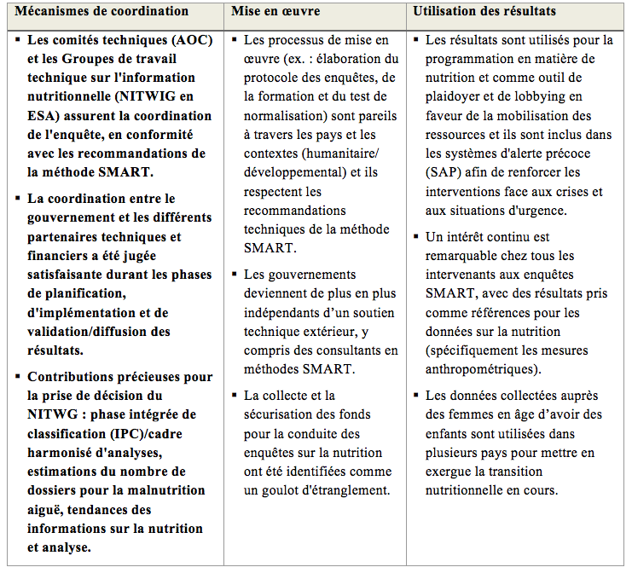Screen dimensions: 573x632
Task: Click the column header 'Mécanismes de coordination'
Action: point(101,11)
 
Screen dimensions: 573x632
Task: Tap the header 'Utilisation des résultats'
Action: point(484,11)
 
